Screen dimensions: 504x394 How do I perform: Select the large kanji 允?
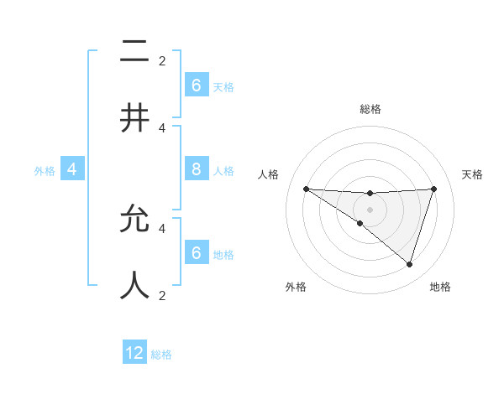[134, 219]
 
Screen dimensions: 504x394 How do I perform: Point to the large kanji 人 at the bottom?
[134, 285]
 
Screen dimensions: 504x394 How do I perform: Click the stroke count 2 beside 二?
[162, 60]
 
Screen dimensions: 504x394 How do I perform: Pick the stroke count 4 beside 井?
[162, 127]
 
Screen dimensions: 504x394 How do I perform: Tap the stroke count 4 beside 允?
[162, 227]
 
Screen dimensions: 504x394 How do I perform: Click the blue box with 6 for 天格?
[196, 86]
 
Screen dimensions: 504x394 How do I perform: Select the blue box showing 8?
[196, 169]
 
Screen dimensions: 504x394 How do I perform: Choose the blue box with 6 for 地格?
[196, 253]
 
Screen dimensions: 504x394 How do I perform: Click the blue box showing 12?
[134, 353]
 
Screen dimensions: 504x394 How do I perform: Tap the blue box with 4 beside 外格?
[72, 169]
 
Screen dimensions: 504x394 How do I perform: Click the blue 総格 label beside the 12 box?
[161, 355]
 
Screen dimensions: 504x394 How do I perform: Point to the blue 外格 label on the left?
[45, 171]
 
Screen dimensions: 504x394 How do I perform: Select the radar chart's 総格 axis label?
[370, 109]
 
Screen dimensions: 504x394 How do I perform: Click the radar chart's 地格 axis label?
[440, 287]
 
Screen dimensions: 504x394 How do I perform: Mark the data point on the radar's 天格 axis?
[434, 189]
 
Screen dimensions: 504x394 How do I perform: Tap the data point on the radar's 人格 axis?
[306, 189]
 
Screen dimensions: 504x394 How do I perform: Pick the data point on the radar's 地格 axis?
[410, 264]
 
